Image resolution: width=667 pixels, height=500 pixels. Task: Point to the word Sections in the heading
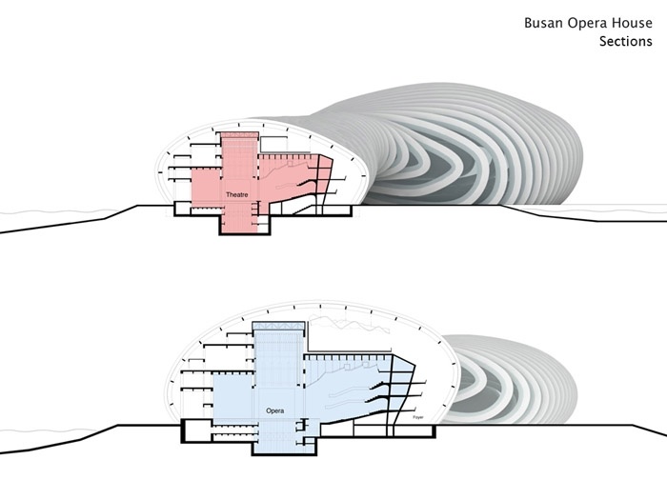coord(625,42)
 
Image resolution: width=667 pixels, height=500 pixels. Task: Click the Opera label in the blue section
coord(275,410)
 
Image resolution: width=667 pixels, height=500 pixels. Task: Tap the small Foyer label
coord(416,417)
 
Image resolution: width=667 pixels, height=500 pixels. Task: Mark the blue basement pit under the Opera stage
coord(277,447)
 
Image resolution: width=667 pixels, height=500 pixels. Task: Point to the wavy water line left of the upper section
coord(57,210)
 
